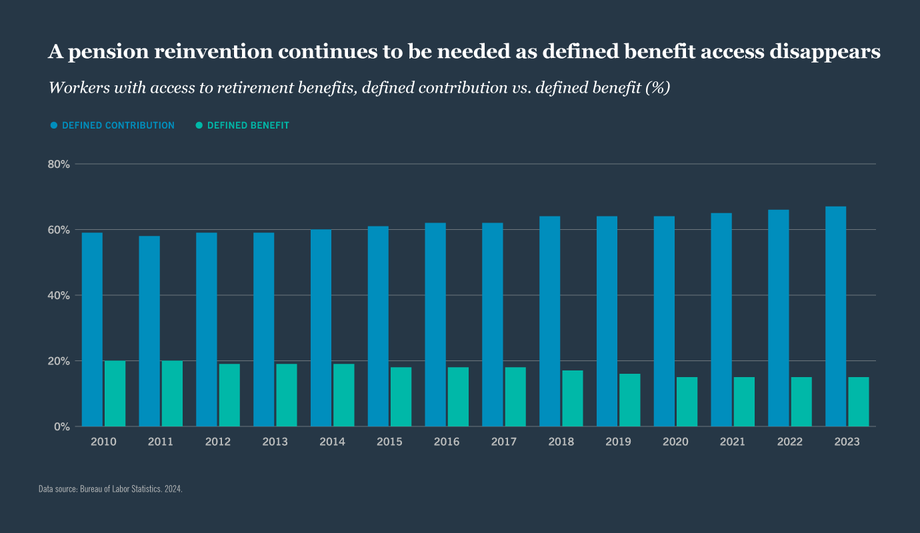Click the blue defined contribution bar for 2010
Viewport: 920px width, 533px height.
pyautogui.click(x=92, y=329)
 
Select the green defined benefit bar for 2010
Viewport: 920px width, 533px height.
pyautogui.click(x=115, y=393)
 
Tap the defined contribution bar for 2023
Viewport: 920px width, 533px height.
pyautogui.click(x=835, y=316)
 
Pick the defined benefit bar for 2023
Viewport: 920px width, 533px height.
pyautogui.click(x=859, y=401)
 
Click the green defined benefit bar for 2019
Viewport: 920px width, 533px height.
pyautogui.click(x=630, y=400)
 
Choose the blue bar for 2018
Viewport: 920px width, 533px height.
pyautogui.click(x=549, y=321)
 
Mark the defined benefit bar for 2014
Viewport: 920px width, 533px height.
pyautogui.click(x=344, y=394)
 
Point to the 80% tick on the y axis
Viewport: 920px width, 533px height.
pyautogui.click(x=59, y=164)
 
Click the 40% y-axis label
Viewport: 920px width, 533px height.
pyautogui.click(x=59, y=295)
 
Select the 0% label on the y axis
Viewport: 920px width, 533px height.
pyautogui.click(x=62, y=426)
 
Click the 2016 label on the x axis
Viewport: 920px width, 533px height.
pyautogui.click(x=447, y=442)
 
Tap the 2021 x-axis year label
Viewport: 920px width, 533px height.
pyautogui.click(x=733, y=442)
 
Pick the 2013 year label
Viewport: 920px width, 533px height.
pyautogui.click(x=275, y=442)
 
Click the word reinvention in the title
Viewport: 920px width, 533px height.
pyautogui.click(x=210, y=53)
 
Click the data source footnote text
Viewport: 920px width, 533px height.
pyautogui.click(x=111, y=489)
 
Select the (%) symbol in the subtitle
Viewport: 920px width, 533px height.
pyautogui.click(x=657, y=88)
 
